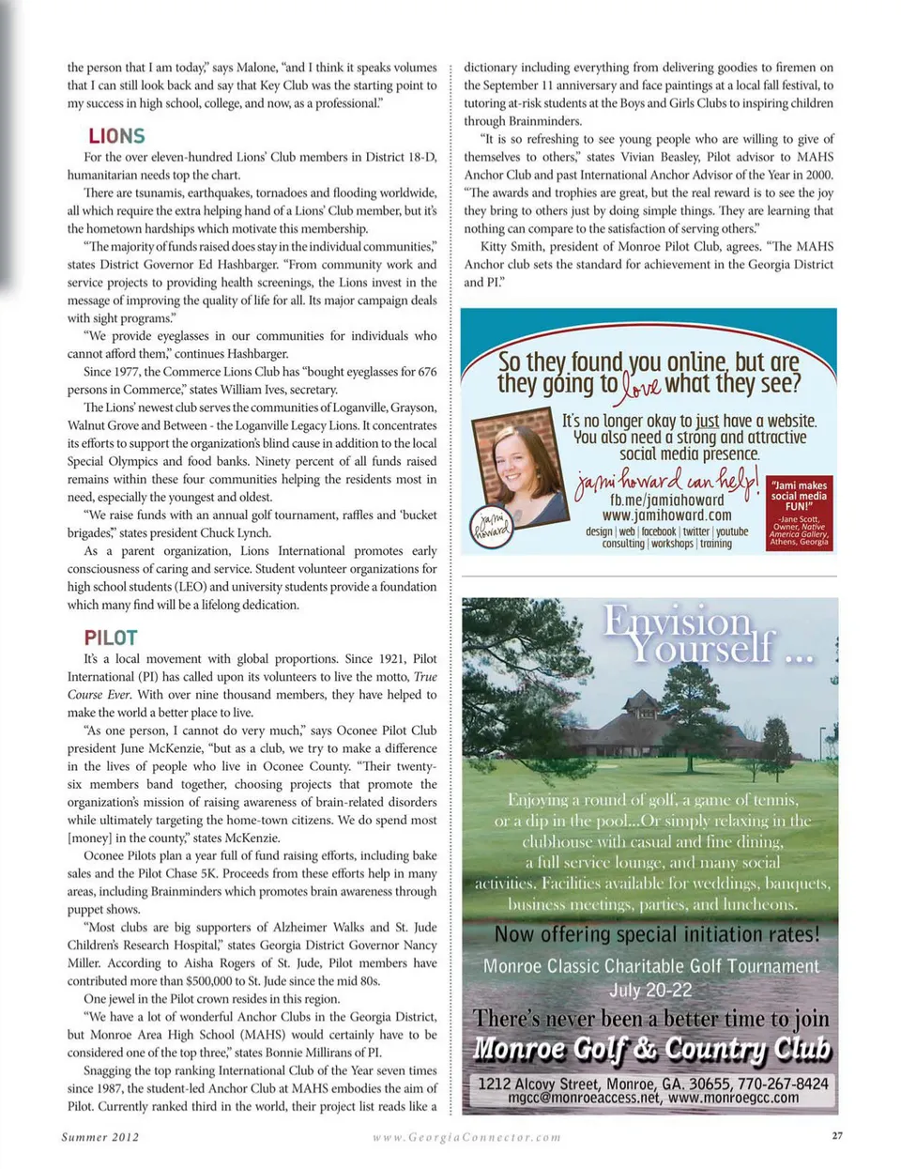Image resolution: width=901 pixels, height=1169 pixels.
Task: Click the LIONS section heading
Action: click(116, 136)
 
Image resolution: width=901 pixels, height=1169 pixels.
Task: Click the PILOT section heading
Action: click(111, 638)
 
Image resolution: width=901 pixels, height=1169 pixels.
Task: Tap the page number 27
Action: click(837, 1135)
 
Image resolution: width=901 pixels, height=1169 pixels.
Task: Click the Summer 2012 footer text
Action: click(100, 1136)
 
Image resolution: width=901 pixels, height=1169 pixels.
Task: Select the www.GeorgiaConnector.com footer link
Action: click(466, 1136)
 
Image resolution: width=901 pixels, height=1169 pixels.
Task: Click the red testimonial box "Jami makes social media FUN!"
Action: click(800, 513)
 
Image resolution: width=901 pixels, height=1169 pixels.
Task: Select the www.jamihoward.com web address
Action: click(666, 515)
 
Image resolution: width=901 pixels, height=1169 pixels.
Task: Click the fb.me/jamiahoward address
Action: click(666, 500)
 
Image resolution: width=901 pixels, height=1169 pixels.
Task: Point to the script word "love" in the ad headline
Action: click(642, 386)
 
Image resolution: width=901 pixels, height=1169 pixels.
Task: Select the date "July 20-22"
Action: click(650, 990)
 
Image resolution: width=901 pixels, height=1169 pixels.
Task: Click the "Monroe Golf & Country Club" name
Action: click(651, 1049)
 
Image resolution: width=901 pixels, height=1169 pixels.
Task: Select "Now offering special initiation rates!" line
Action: click(656, 934)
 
